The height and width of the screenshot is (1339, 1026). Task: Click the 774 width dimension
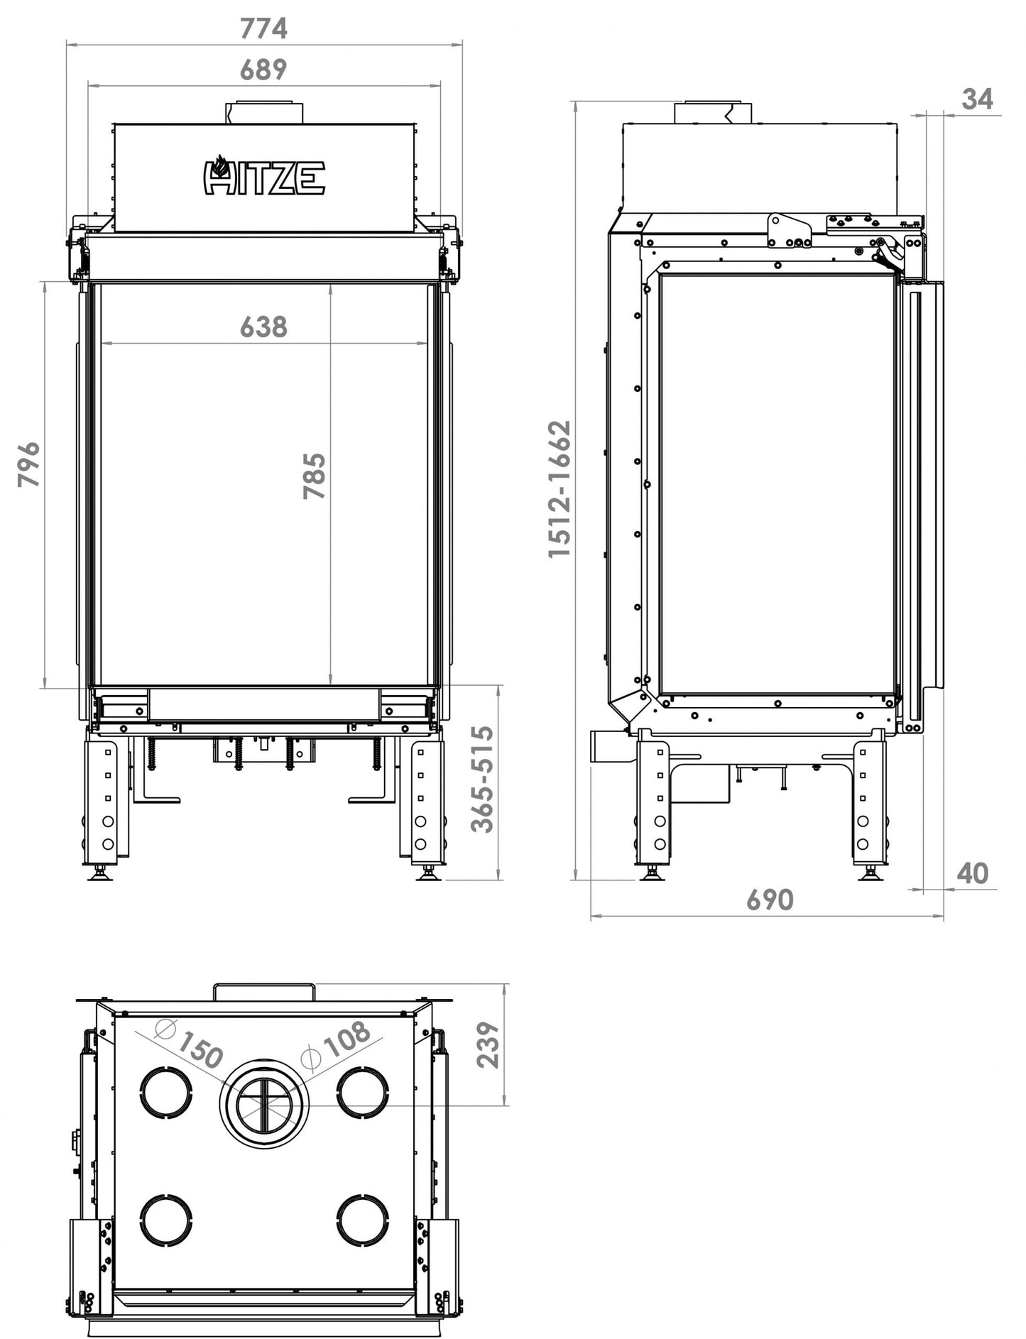(263, 28)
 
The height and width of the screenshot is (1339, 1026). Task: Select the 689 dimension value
(263, 70)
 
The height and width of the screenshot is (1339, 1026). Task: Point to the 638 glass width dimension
(263, 327)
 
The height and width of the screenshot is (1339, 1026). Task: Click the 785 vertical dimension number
(314, 476)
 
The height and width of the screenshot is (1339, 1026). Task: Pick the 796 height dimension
(29, 465)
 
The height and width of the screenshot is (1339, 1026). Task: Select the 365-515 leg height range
(483, 778)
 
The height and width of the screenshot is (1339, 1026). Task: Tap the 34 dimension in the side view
(978, 99)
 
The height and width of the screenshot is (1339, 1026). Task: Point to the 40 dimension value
(972, 873)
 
